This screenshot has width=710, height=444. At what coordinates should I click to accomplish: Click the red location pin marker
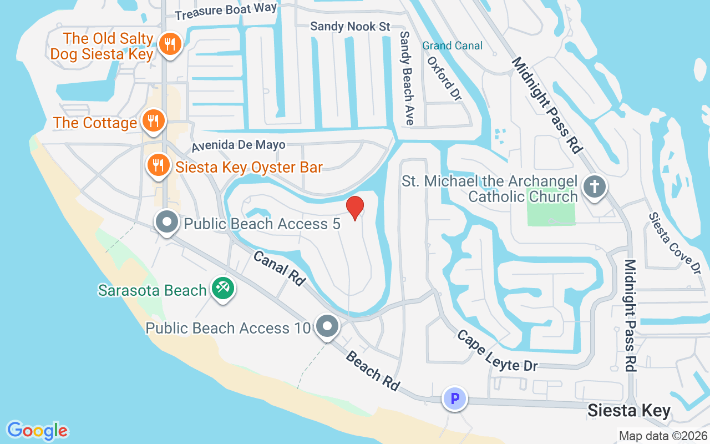point(355,208)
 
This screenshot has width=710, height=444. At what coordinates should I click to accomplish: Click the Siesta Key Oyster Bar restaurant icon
point(158,165)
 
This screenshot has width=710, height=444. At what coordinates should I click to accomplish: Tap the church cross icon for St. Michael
point(594,186)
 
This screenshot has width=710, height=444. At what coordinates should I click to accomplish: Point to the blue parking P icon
point(455,398)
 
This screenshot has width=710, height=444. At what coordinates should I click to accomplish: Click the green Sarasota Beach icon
point(223,288)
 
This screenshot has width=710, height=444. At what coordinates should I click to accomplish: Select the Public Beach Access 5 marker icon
point(166,222)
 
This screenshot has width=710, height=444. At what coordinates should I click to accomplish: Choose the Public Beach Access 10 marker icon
point(327,326)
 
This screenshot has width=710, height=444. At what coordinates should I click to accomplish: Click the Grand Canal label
point(452,46)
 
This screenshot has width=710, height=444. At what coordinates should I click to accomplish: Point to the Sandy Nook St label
point(350,26)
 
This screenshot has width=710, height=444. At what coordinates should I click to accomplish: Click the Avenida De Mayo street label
point(239,145)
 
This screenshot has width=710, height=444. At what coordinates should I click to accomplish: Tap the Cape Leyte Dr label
point(489,351)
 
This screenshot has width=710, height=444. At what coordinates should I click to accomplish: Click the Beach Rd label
point(372,370)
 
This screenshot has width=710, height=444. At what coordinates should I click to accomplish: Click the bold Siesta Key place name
point(629,411)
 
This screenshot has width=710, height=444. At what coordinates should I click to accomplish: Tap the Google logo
point(37,430)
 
